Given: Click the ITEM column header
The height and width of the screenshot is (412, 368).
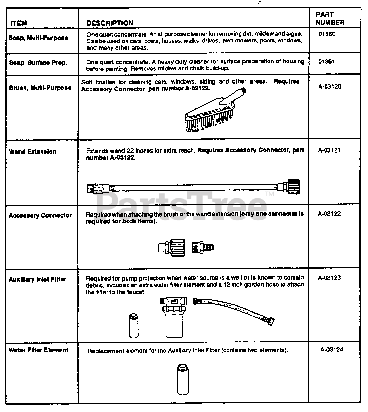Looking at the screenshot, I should pos(19,23).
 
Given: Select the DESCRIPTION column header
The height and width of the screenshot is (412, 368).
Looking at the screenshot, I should pos(110,23).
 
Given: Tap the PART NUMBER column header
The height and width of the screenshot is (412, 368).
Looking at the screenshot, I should pos(330,18).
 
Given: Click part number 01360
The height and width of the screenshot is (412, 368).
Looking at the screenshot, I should pos(327,34).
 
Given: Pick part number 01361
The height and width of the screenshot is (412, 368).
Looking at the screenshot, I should pos(326,62).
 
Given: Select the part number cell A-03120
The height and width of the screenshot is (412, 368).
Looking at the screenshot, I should pos(329,87).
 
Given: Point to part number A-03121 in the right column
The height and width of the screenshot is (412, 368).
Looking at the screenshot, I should pos(329,150).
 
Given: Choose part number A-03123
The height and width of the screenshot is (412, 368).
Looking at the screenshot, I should pos(329,278).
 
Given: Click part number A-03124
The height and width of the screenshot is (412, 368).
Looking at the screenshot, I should pos(332,350).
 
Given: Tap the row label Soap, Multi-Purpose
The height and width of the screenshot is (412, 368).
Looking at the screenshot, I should pos(38,38).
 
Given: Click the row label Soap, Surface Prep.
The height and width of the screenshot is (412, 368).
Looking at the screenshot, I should pos(38,63).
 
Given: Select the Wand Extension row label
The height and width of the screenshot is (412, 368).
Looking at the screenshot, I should pos(33,152).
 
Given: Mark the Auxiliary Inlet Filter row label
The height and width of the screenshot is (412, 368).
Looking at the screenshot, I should pos(37,279).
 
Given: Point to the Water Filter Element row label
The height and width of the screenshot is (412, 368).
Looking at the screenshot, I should pos(38,350).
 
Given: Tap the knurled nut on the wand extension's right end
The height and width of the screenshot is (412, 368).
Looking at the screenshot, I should pos(293,187).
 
